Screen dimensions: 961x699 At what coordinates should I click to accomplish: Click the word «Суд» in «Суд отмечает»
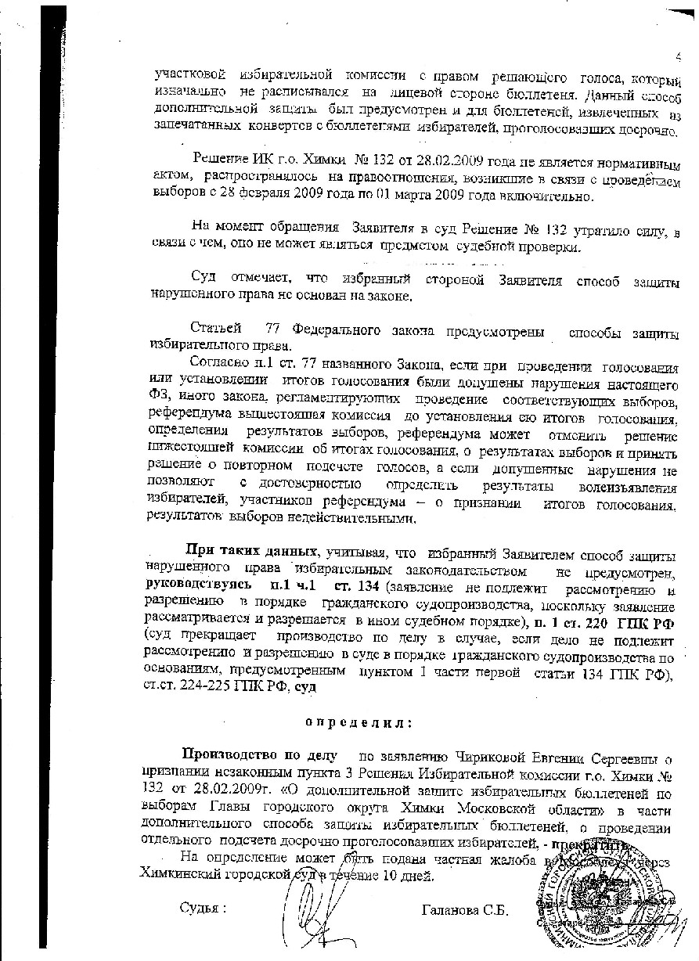pyautogui.click(x=204, y=279)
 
